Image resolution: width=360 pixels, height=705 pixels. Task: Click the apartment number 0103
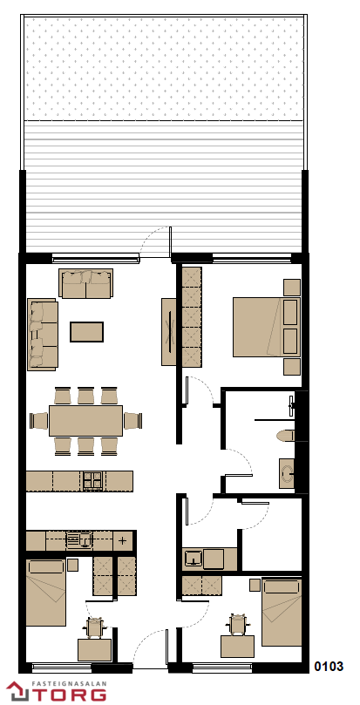[329, 667]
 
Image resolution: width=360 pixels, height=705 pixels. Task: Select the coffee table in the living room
[87, 332]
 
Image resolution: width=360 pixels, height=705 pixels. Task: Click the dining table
[85, 421]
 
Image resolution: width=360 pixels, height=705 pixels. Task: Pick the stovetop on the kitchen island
[93, 481]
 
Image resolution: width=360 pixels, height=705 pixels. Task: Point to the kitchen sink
[79, 539]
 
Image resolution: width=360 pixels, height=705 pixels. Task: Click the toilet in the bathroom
[285, 435]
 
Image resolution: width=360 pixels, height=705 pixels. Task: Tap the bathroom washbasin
[287, 473]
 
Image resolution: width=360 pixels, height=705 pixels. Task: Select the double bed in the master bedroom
[267, 327]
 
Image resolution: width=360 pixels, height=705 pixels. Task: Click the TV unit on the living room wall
[169, 332]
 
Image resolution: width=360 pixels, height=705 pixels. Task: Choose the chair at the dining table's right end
[133, 421]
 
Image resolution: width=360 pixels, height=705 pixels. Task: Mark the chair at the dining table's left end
[38, 421]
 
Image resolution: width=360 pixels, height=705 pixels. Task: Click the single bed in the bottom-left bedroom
[46, 593]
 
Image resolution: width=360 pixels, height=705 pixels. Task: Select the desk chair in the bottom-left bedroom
[94, 627]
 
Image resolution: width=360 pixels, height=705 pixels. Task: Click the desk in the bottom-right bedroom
[237, 646]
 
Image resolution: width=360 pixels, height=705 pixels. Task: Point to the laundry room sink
[194, 559]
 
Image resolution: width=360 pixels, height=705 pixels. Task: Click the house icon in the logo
[17, 692]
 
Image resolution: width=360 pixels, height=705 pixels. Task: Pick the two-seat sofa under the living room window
[85, 283]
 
